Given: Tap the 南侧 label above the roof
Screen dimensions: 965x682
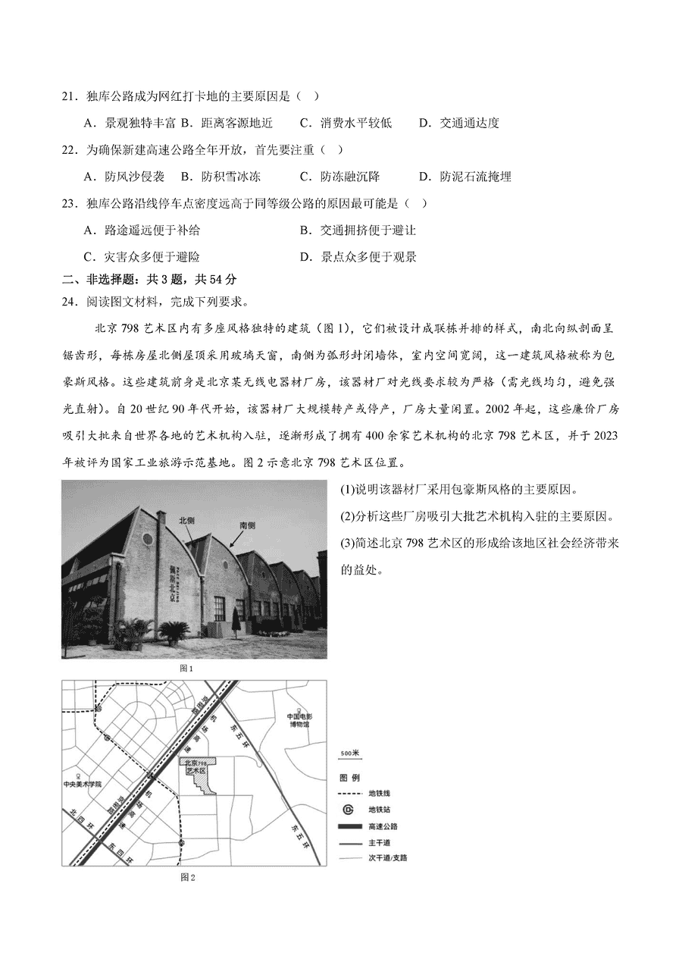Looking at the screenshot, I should tap(247, 525).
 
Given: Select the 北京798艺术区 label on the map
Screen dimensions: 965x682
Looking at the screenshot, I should tap(196, 766).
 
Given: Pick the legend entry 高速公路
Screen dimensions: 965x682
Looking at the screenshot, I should tap(383, 826).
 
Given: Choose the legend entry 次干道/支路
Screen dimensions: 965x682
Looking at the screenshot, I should tap(388, 858).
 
